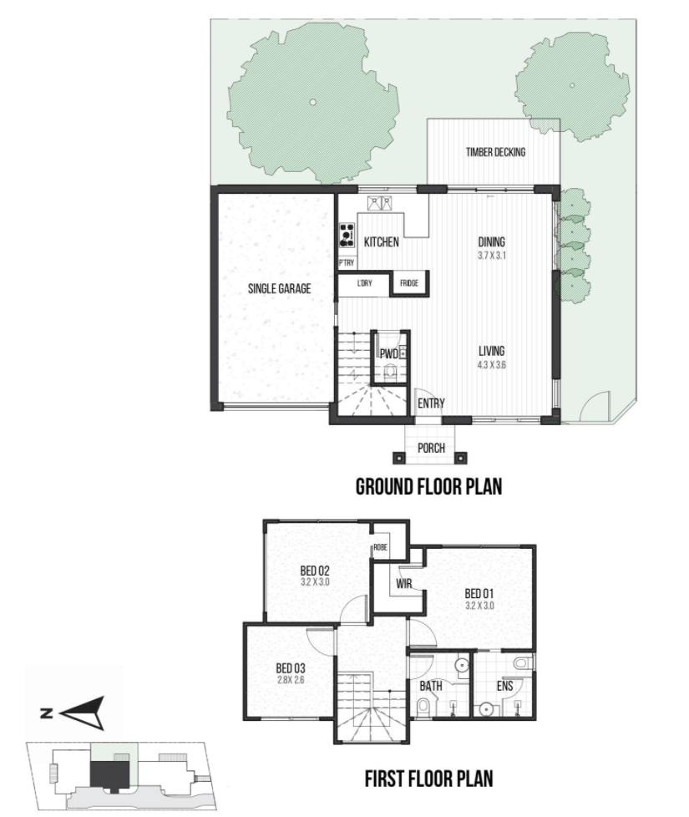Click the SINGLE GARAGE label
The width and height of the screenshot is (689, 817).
coord(279,289)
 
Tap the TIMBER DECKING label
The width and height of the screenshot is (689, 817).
coord(495,152)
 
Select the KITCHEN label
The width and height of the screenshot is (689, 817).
coord(381,241)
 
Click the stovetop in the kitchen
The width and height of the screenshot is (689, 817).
coord(347,235)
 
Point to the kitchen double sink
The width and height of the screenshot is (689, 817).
coord(381,203)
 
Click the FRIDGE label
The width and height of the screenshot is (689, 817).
coord(409,283)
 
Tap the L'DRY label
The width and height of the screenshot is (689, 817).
coord(365,283)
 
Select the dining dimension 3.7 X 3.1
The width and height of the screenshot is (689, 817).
coord(492,256)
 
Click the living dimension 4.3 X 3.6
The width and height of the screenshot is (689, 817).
coord(492,365)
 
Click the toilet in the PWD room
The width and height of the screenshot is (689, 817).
coord(389,372)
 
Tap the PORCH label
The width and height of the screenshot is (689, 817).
coord(431,448)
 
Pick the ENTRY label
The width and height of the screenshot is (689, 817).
coord(431,403)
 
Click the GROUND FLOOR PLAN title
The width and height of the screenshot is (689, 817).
coord(428,487)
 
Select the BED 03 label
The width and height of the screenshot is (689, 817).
coord(291,668)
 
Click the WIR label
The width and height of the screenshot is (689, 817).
coord(404,584)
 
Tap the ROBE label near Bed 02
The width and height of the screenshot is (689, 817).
coord(381,548)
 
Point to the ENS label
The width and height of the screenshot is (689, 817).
coord(504,686)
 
